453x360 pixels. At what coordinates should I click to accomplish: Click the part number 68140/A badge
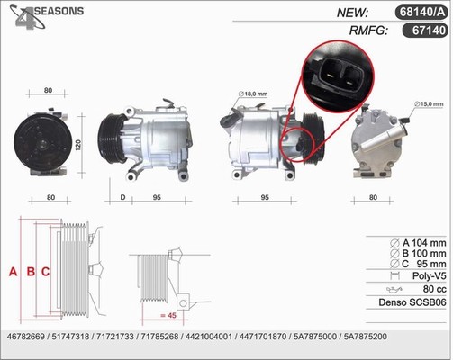pyautogui.click(x=421, y=12)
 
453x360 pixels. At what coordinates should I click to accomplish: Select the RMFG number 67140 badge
pyautogui.click(x=425, y=31)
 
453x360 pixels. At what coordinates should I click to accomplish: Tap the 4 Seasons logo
pyautogui.click(x=46, y=17)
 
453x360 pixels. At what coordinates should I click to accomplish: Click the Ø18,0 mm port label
pyautogui.click(x=253, y=94)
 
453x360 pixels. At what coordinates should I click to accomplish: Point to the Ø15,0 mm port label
pyautogui.click(x=429, y=104)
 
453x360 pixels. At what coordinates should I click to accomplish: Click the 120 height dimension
pyautogui.click(x=78, y=145)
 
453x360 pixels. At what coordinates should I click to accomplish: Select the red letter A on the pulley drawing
pyautogui.click(x=13, y=272)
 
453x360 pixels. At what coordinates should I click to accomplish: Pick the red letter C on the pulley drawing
pyautogui.click(x=45, y=272)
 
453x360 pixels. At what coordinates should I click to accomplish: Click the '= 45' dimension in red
pyautogui.click(x=168, y=315)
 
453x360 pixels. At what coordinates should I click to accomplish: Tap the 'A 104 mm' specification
pyautogui.click(x=418, y=243)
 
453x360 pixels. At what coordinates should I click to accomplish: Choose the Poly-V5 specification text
pyautogui.click(x=429, y=275)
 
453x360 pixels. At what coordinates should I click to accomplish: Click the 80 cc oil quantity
pyautogui.click(x=434, y=289)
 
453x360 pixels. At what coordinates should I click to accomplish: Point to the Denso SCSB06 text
pyautogui.click(x=412, y=302)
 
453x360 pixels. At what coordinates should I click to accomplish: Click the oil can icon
pyautogui.click(x=394, y=290)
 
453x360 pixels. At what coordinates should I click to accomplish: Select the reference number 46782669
pyautogui.click(x=25, y=337)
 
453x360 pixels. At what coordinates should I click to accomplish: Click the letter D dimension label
pyautogui.click(x=122, y=197)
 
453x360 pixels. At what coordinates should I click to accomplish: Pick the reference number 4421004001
pyautogui.click(x=209, y=337)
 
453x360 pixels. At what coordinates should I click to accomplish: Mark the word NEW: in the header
pyautogui.click(x=352, y=13)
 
